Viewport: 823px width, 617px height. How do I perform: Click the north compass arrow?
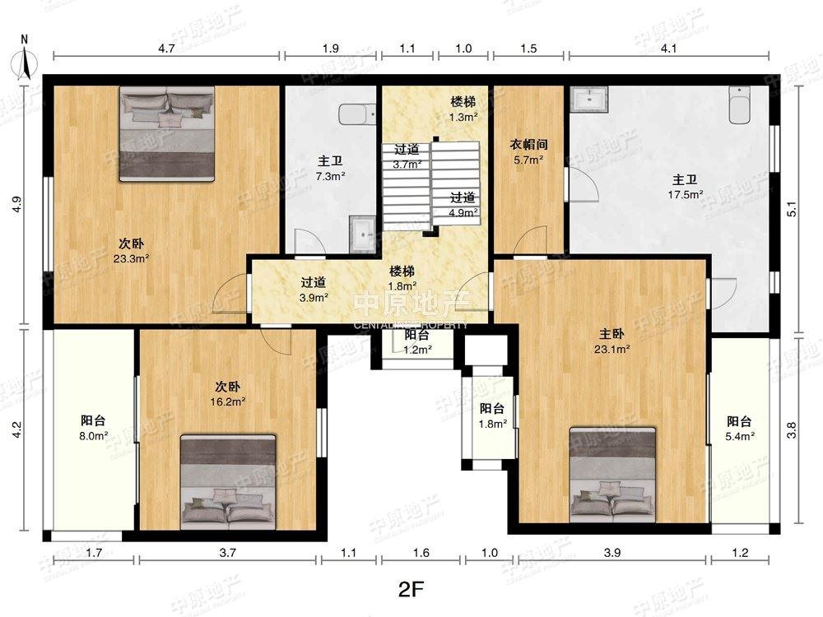click(x=25, y=64)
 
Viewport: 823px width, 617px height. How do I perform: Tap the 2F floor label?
click(x=411, y=590)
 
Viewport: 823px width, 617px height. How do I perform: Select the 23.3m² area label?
click(x=131, y=258)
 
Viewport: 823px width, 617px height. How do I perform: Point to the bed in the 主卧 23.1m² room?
click(x=612, y=476)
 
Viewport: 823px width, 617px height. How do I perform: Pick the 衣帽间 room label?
click(x=528, y=144)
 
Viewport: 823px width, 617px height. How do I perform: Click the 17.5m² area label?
click(x=685, y=195)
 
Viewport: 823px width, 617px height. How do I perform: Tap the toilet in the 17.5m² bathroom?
click(x=739, y=105)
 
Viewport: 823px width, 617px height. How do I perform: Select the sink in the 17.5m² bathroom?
click(x=589, y=99)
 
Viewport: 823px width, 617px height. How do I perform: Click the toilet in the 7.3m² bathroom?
click(x=357, y=114)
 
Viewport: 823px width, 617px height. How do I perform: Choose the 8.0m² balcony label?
click(x=94, y=428)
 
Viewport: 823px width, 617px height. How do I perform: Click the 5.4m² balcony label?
click(x=739, y=428)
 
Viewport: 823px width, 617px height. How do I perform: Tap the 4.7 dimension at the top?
click(x=166, y=49)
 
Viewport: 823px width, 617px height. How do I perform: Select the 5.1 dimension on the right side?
click(x=793, y=209)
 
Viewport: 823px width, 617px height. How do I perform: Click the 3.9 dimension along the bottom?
click(x=612, y=553)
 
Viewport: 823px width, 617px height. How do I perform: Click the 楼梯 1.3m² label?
click(x=463, y=109)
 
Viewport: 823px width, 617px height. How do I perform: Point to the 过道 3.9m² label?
click(x=314, y=290)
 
